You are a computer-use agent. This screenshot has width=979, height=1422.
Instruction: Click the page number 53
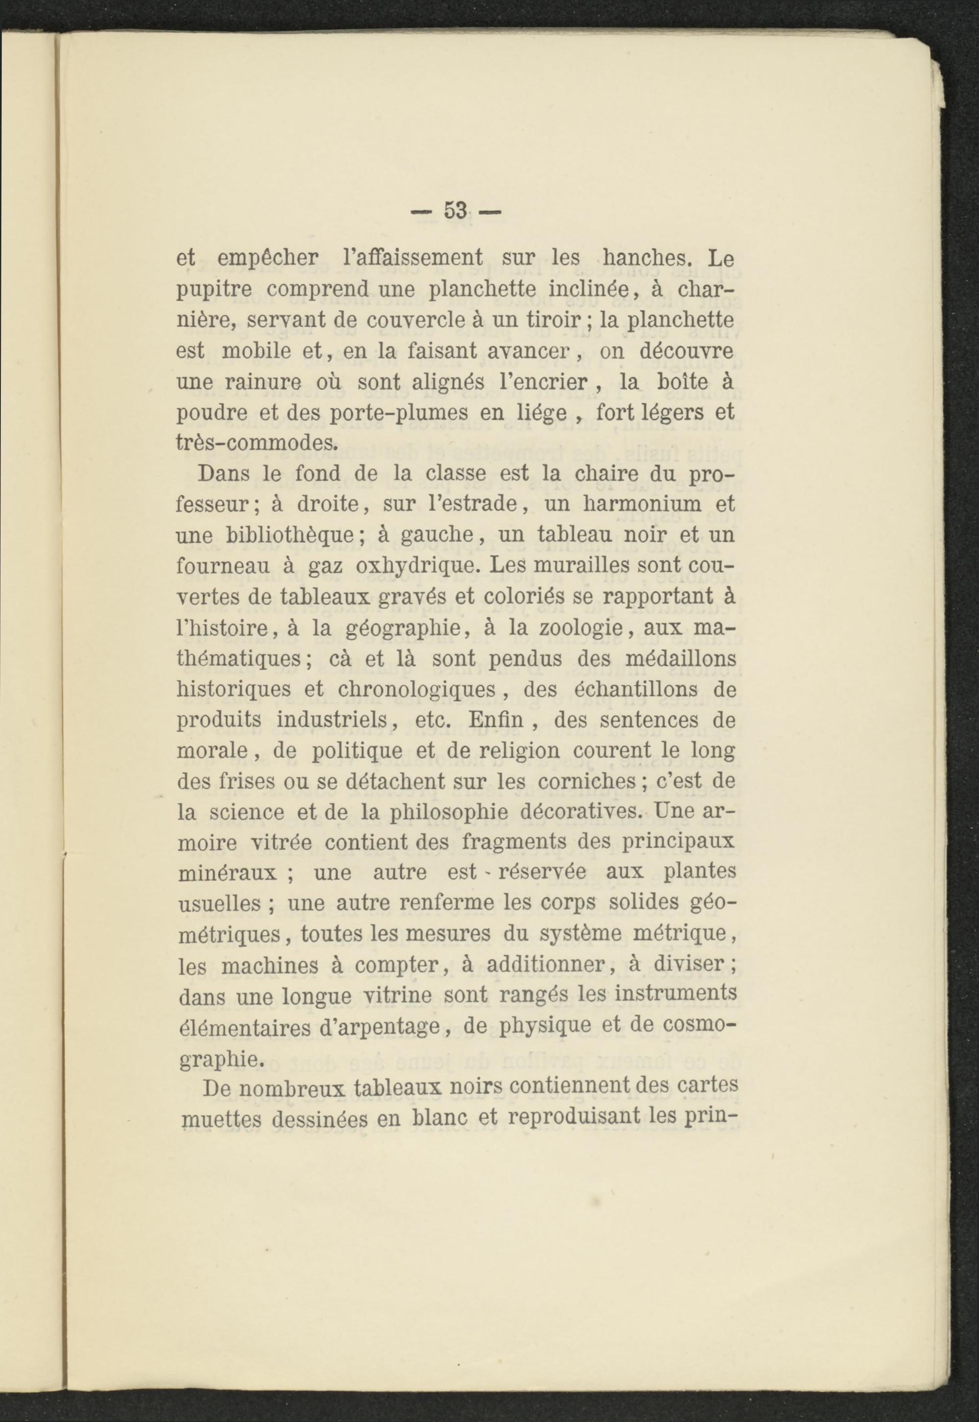[455, 211]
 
